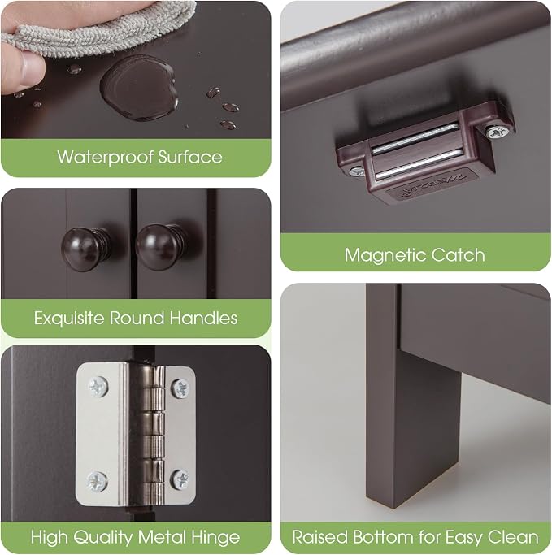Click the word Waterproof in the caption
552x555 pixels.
click(x=105, y=157)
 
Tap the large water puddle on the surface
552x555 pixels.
click(x=139, y=88)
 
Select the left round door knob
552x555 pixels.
click(x=85, y=249)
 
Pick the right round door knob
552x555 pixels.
click(x=160, y=246)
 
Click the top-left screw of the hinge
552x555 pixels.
click(x=98, y=386)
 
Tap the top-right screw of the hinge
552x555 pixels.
click(x=180, y=388)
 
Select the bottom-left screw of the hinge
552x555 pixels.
click(x=98, y=481)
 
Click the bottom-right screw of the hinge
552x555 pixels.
click(x=180, y=479)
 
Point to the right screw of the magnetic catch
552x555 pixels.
click(x=498, y=132)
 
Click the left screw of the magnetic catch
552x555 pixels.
click(x=357, y=172)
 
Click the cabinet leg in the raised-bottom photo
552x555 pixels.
click(x=413, y=397)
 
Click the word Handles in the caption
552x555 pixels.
click(x=203, y=318)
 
